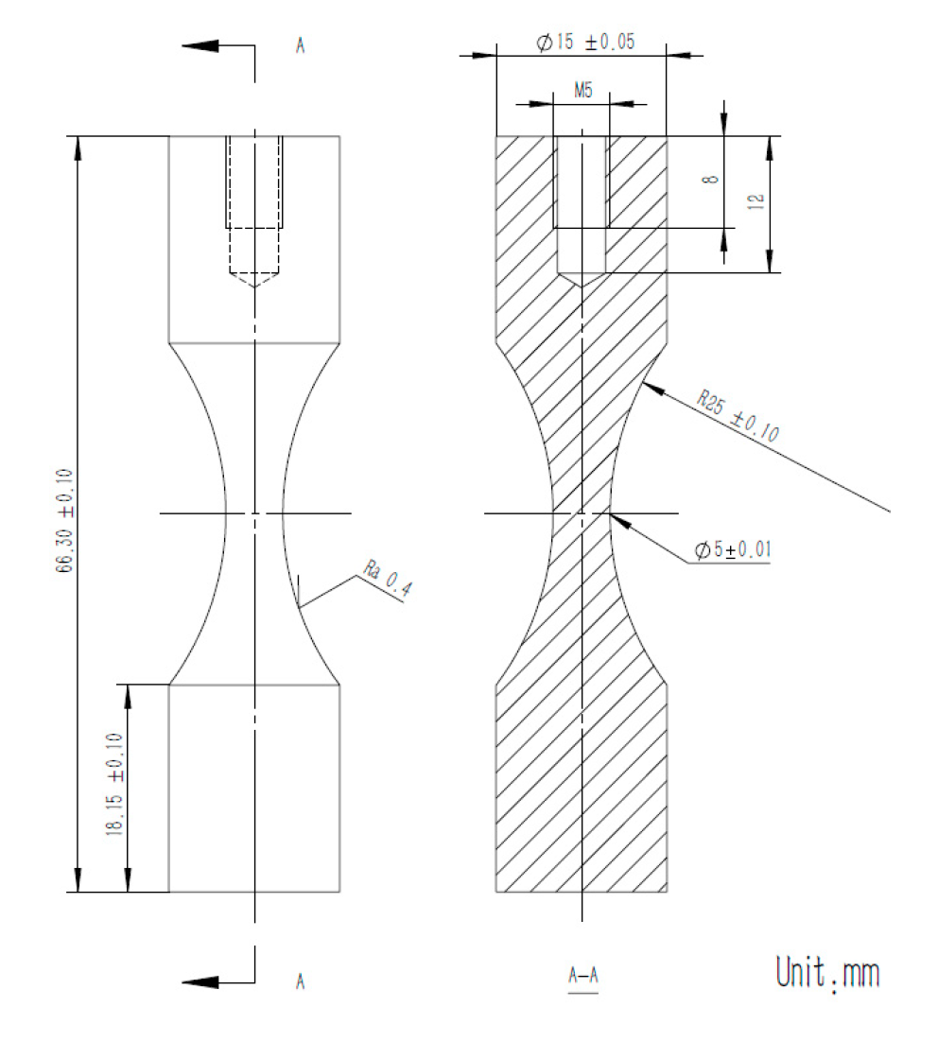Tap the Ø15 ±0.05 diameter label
[x=582, y=44]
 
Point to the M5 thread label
[x=582, y=90]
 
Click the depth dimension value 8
[x=714, y=177]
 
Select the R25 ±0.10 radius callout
[x=738, y=416]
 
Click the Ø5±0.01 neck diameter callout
[x=731, y=551]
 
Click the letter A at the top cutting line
[x=300, y=45]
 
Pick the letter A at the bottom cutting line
[x=300, y=981]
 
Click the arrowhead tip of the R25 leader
[x=642, y=384]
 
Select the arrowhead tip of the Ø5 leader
[x=612, y=513]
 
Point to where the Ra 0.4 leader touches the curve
[x=298, y=606]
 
